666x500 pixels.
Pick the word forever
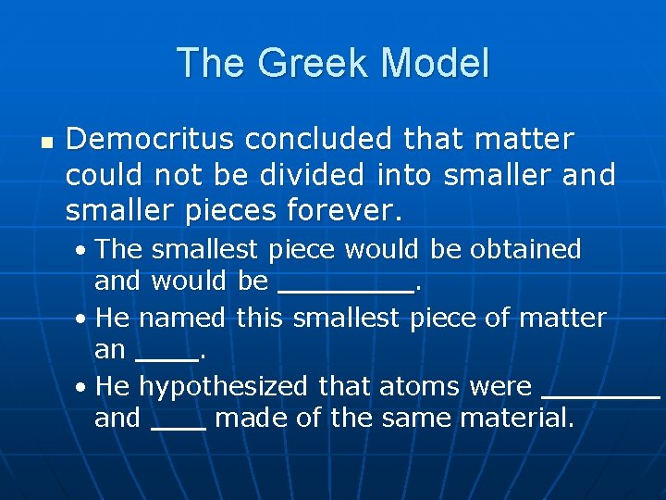tap(346, 210)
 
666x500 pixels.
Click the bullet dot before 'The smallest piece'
tap(83, 251)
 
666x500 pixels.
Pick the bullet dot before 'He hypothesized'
tap(83, 386)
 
